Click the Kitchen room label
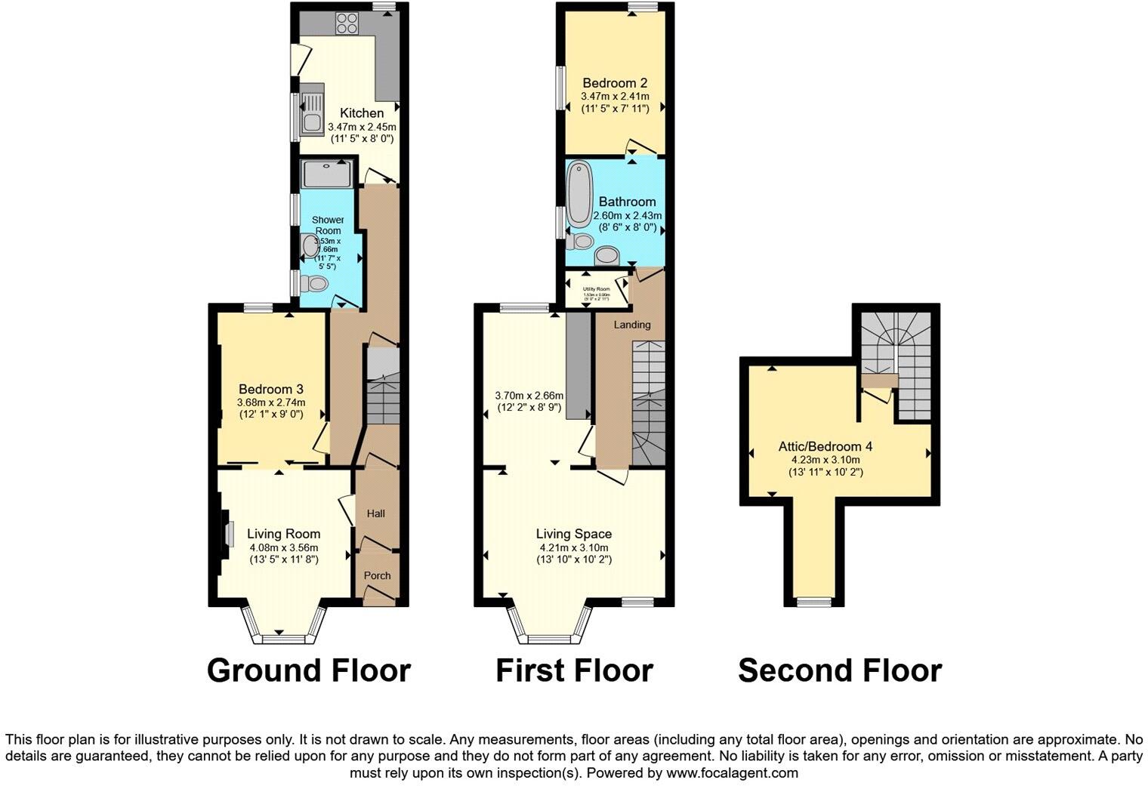[x=361, y=113]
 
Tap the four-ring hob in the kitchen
[x=347, y=24]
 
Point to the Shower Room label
[x=328, y=225]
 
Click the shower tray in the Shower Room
[x=326, y=175]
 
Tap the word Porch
[x=377, y=575]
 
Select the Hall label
[x=375, y=513]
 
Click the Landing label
[x=631, y=325]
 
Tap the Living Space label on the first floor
[x=574, y=534]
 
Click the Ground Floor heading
[x=308, y=670]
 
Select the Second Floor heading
[x=839, y=670]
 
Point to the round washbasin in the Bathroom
[x=606, y=255]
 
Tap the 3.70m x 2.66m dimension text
[x=529, y=395]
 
